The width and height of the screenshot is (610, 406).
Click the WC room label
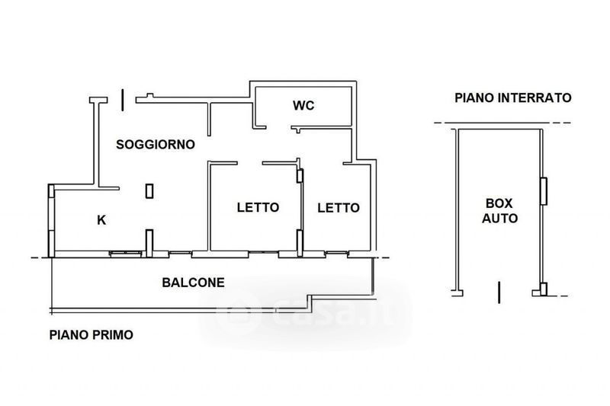coord(303,105)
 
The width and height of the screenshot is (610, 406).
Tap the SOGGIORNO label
coord(156,145)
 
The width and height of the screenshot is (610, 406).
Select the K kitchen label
coord(101,220)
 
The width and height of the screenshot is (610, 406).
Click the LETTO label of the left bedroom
coord(258,207)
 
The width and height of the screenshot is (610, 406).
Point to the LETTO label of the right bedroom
coord(339,208)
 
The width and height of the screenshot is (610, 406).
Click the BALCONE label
coord(194,283)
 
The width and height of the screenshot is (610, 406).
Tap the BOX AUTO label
coord(499,210)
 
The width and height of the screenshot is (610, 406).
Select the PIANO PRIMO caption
coord(91,335)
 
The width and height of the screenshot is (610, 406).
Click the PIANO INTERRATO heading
coord(513,98)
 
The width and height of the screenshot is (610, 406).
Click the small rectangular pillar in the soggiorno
coord(149,190)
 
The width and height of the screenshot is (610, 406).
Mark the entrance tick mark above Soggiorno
coord(123,100)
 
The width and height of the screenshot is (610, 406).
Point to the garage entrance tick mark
coord(499,293)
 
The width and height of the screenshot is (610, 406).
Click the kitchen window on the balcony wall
coord(125,254)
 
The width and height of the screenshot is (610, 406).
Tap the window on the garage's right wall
coord(544,190)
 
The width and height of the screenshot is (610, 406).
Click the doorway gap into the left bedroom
coord(250,163)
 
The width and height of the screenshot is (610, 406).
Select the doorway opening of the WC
coord(279,127)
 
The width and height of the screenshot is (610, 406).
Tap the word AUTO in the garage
coord(499,218)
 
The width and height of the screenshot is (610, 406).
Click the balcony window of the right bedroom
coord(336,254)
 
